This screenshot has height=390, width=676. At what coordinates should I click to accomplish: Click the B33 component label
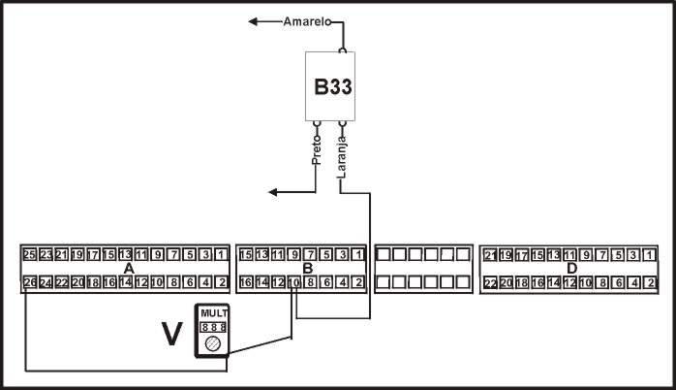(x=332, y=86)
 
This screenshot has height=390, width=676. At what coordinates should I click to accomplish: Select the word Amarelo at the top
(x=307, y=20)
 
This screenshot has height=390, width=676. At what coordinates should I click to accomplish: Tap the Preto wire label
(x=317, y=154)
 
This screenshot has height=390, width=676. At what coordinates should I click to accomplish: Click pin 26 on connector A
(x=29, y=282)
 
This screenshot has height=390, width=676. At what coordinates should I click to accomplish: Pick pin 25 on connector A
(x=29, y=255)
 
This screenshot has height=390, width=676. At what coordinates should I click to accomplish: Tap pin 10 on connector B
(x=293, y=282)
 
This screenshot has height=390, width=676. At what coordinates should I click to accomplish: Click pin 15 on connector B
(x=246, y=255)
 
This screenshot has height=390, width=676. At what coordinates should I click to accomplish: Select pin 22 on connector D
(x=490, y=282)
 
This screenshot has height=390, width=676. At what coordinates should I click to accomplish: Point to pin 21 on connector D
(x=490, y=255)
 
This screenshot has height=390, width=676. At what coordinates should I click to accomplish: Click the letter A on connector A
(x=129, y=269)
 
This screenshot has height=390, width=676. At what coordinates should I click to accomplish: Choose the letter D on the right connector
(x=571, y=269)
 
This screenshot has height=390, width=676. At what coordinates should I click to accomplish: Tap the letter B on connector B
(x=307, y=269)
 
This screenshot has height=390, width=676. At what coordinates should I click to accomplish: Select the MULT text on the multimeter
(x=212, y=313)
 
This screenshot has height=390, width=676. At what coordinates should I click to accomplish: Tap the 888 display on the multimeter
(x=212, y=328)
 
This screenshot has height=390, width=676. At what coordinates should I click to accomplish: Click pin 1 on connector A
(x=221, y=255)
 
